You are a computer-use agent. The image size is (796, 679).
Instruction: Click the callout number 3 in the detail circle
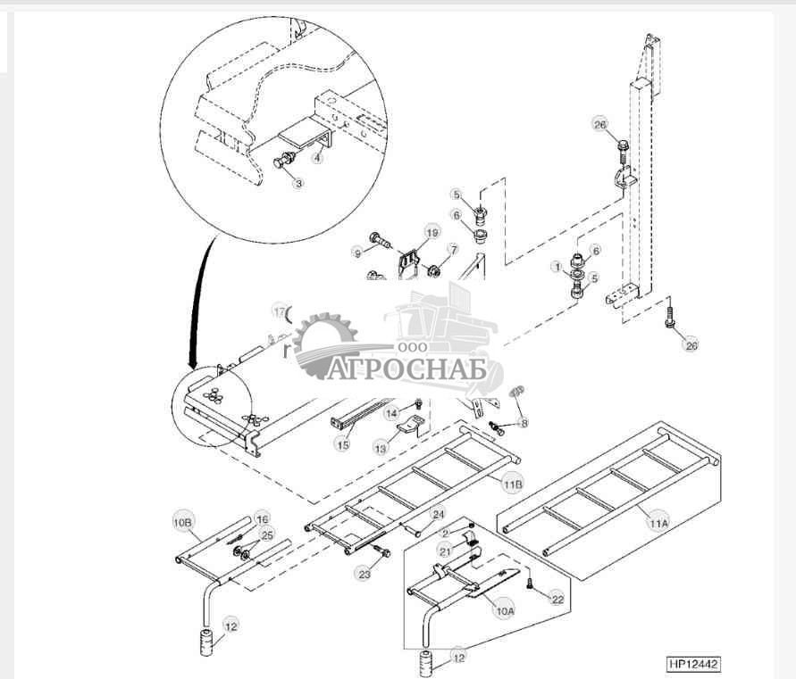click(298, 183)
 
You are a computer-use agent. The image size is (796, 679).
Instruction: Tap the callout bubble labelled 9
click(358, 253)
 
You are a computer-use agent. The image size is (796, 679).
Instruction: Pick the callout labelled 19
click(432, 233)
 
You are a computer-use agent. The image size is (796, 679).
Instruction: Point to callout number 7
click(453, 250)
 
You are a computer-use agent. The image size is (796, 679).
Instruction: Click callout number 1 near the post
click(556, 266)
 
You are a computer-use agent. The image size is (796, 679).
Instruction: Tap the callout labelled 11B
click(512, 484)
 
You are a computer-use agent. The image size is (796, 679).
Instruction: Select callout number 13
click(381, 449)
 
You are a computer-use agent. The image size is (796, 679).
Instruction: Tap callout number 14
click(391, 413)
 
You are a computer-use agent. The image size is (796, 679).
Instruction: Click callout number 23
click(364, 575)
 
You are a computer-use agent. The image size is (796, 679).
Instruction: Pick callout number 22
click(557, 599)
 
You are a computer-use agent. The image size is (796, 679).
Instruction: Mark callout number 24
click(438, 515)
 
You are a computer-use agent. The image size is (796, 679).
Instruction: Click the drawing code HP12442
click(692, 664)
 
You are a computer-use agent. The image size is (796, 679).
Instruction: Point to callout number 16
click(262, 518)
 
